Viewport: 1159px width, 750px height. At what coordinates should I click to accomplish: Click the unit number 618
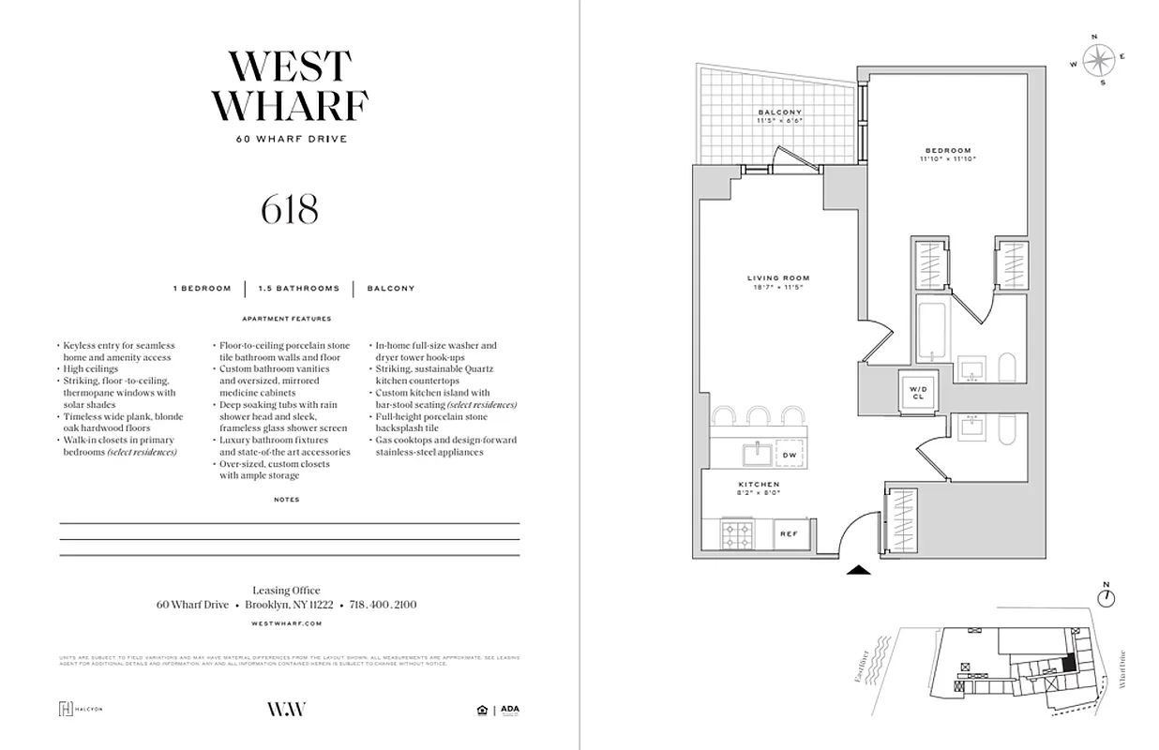(x=290, y=209)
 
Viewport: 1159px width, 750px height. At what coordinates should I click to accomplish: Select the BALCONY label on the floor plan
(x=780, y=112)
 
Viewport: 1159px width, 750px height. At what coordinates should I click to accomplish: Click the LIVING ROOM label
(x=778, y=278)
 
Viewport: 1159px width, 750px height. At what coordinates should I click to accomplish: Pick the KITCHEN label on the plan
(x=760, y=485)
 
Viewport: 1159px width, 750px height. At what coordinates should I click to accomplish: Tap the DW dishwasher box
(x=790, y=455)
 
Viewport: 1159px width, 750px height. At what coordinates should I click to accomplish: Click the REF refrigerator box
(x=789, y=533)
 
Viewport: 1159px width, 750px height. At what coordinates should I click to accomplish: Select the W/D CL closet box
(x=916, y=391)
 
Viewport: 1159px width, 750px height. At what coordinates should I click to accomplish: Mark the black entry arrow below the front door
(x=859, y=568)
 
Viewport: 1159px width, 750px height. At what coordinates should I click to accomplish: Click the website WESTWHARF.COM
(x=287, y=622)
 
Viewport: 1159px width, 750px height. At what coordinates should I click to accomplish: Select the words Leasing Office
(x=286, y=591)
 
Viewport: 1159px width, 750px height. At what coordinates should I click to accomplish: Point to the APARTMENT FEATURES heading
(x=287, y=319)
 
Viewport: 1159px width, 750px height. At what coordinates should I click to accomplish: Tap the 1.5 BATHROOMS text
(x=299, y=289)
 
